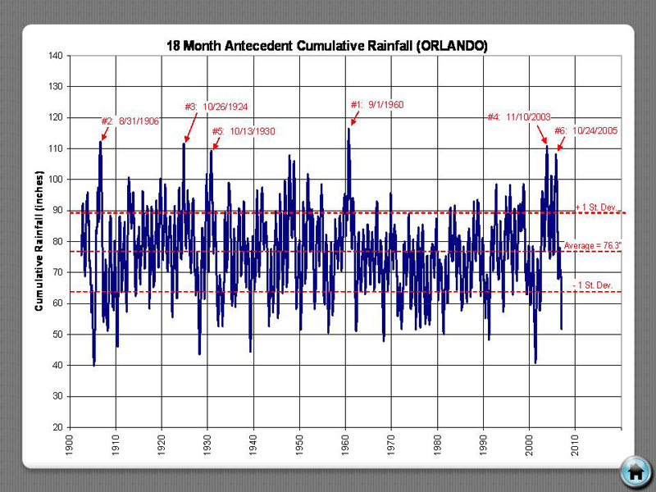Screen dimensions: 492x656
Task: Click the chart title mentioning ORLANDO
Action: click(327, 46)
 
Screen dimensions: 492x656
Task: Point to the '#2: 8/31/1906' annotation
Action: click(130, 121)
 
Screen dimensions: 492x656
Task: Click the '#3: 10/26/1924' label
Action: click(216, 107)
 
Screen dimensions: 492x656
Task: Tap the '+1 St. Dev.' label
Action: click(596, 207)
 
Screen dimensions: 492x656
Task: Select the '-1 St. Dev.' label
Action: click(594, 285)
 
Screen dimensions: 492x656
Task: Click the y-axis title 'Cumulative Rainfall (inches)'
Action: click(39, 241)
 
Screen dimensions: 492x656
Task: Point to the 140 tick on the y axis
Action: click(56, 56)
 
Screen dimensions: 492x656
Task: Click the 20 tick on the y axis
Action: click(58, 427)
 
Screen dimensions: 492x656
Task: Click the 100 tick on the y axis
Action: click(56, 180)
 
